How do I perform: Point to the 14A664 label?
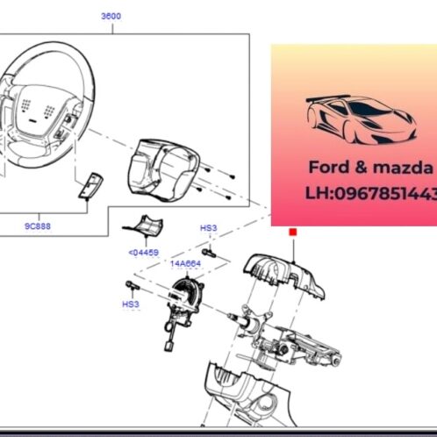(x=186, y=262)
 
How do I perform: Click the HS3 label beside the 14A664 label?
(x=208, y=228)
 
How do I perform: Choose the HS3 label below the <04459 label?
(x=130, y=304)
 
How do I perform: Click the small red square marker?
(x=292, y=232)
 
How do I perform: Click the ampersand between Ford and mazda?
(x=355, y=167)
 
